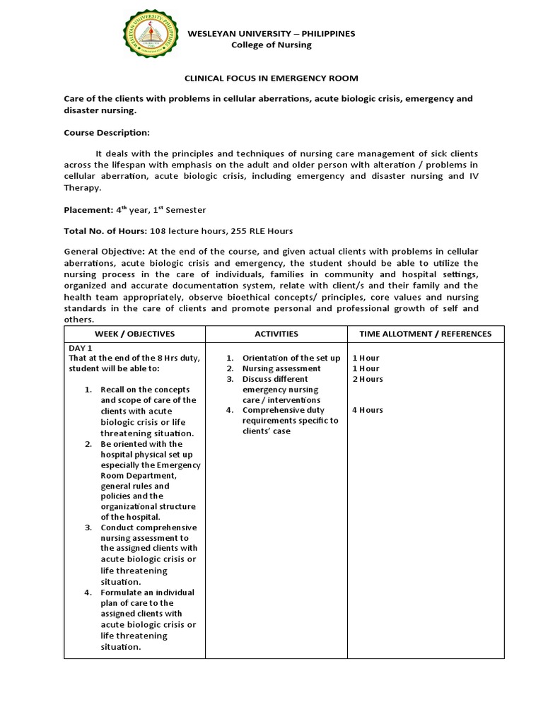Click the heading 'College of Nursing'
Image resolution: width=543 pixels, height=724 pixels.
[x=271, y=45]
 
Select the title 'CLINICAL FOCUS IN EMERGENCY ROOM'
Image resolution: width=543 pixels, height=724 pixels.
[x=271, y=78]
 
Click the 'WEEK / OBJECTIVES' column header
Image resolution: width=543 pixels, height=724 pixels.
[x=134, y=334]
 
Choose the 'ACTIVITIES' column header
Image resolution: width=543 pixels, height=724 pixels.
[x=276, y=334]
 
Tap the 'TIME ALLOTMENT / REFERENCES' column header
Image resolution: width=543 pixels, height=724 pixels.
[x=426, y=334]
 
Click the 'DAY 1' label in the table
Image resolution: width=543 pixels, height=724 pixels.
[x=81, y=349]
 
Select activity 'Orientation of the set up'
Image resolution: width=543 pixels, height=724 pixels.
[x=291, y=358]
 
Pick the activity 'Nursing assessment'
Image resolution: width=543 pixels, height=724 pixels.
[x=281, y=368]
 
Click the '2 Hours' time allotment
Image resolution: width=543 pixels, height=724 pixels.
[x=368, y=379]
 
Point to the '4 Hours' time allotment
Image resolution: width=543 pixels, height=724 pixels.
[x=368, y=410]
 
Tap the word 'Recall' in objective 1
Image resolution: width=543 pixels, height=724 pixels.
[x=114, y=390]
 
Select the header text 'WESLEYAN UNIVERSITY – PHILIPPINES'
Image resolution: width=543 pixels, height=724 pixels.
[x=271, y=33]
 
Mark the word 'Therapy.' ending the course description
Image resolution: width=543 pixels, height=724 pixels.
[x=83, y=188]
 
